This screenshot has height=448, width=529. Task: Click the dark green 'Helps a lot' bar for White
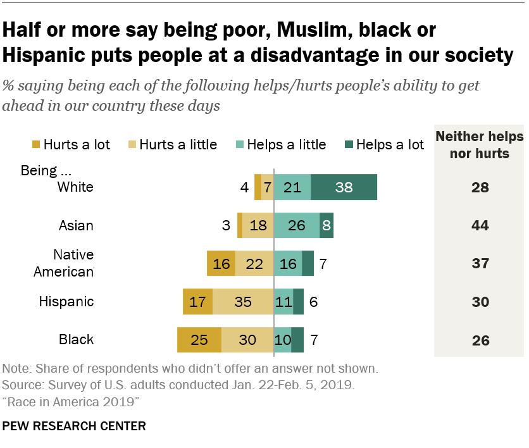click(x=344, y=187)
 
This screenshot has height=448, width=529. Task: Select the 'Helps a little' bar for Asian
click(x=296, y=226)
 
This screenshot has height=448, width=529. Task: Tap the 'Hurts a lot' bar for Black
click(x=199, y=340)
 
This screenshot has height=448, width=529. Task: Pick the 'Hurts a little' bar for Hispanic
click(x=243, y=302)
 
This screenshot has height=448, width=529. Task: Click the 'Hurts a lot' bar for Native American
click(x=221, y=264)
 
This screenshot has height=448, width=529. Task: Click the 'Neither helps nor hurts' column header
click(x=480, y=145)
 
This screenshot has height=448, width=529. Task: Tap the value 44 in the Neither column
click(x=480, y=226)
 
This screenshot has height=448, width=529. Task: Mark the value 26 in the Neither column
click(x=480, y=340)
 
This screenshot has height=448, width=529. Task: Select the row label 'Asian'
click(x=76, y=226)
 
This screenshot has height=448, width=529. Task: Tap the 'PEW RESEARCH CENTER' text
click(x=74, y=426)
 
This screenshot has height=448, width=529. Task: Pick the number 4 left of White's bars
click(x=244, y=187)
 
